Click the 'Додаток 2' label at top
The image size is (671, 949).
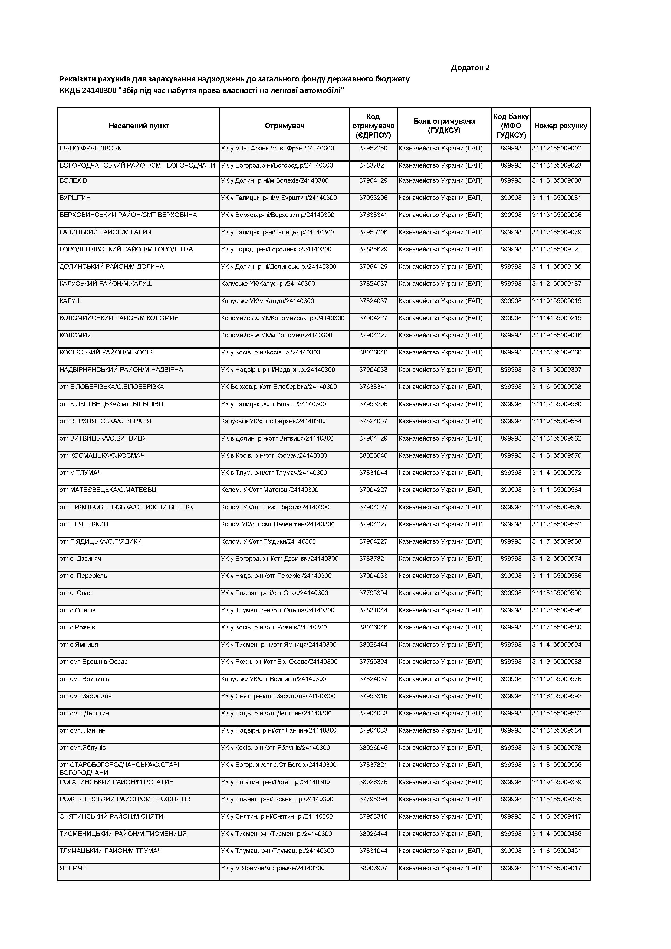point(470,67)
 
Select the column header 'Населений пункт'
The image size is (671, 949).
point(139,126)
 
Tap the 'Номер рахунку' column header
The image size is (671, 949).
point(560,126)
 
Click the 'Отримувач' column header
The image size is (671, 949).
point(284,126)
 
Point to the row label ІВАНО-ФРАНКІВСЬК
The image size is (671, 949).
point(90,148)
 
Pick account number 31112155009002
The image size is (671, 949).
point(557,148)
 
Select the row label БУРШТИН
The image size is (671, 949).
point(75,198)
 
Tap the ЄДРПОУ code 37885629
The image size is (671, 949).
point(373,249)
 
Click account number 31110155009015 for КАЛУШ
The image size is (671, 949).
point(557,301)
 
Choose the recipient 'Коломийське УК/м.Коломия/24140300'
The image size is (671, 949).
point(277,335)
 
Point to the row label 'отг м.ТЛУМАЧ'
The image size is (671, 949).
point(81,472)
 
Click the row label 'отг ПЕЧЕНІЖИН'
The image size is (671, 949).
point(84,524)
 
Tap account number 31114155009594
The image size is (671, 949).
point(557,644)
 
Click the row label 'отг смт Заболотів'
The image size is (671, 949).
point(85,696)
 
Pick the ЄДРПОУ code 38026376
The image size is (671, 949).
point(373,782)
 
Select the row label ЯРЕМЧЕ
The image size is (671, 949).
point(73,868)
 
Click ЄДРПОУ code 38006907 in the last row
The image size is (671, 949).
point(373,868)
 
